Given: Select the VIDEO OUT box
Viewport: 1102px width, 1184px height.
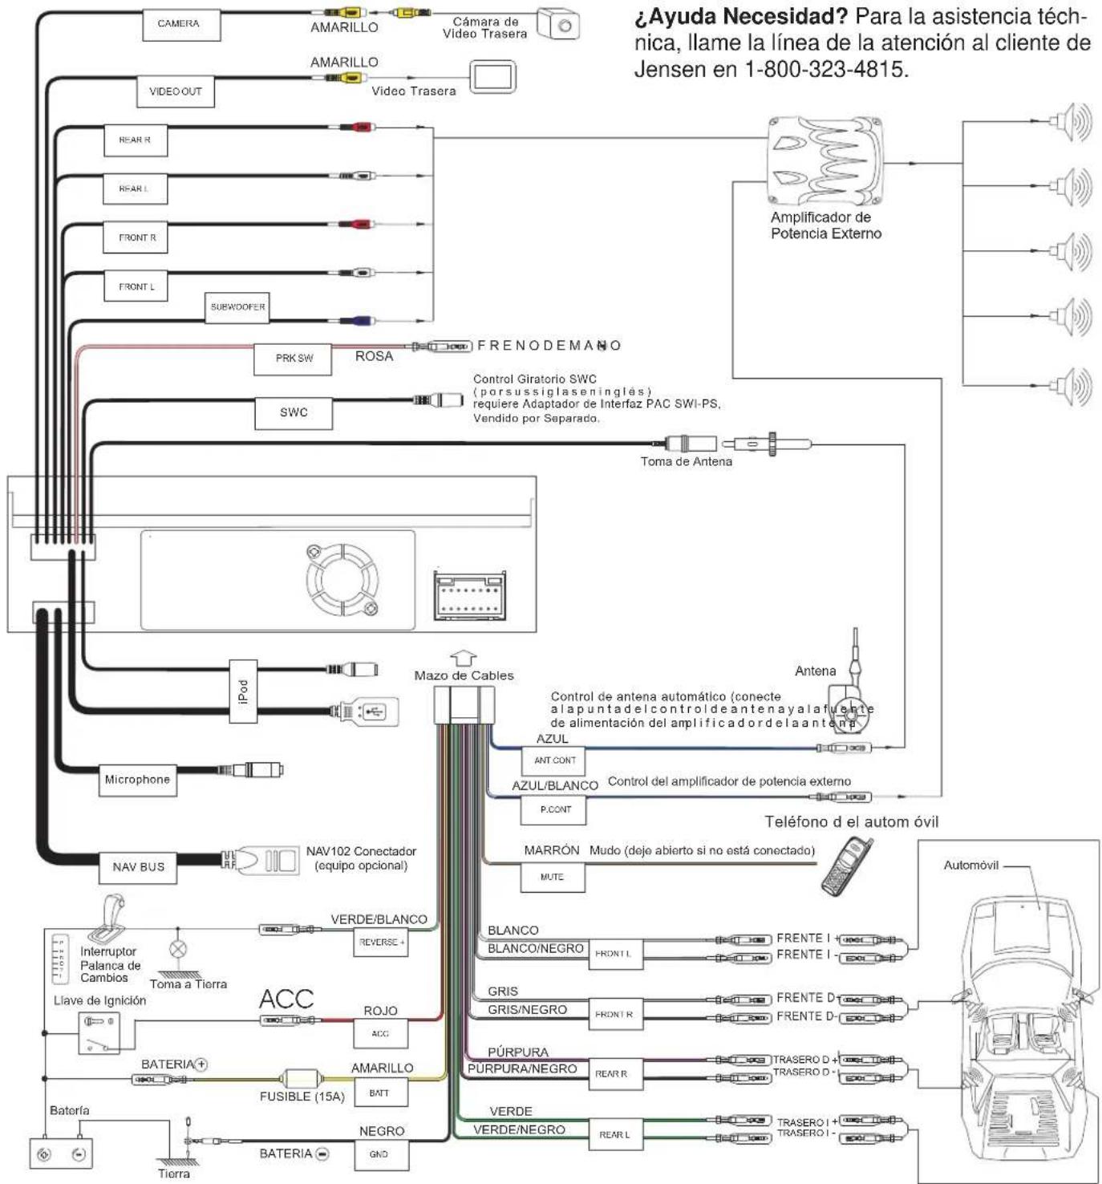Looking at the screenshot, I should tap(176, 91).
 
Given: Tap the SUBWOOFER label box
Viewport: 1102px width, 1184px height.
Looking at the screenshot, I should tap(237, 307).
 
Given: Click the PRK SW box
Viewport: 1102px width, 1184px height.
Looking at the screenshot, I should tap(294, 359).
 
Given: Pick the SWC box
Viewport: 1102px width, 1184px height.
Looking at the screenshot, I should tap(294, 412).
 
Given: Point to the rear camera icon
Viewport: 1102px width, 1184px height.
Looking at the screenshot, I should tap(558, 24).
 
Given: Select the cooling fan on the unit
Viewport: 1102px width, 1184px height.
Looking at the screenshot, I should tap(342, 581).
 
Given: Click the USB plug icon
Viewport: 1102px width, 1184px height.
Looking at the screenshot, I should tap(369, 712).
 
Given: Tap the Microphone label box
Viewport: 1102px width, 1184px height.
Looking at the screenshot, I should tap(137, 780).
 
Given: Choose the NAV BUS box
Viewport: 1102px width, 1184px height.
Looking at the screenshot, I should tap(138, 867).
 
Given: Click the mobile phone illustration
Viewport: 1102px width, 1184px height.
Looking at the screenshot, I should tap(846, 866).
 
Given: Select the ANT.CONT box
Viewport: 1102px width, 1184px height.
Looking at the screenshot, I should tap(555, 760).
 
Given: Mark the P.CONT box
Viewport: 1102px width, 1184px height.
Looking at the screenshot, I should tap(555, 809).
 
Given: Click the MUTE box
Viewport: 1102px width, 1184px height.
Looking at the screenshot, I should tap(552, 877).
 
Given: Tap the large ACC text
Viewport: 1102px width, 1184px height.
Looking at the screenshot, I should tap(286, 999).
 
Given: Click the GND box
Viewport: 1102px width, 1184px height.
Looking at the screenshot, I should tap(379, 1154).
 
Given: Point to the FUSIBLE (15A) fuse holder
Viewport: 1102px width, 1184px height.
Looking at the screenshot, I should tap(302, 1079).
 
